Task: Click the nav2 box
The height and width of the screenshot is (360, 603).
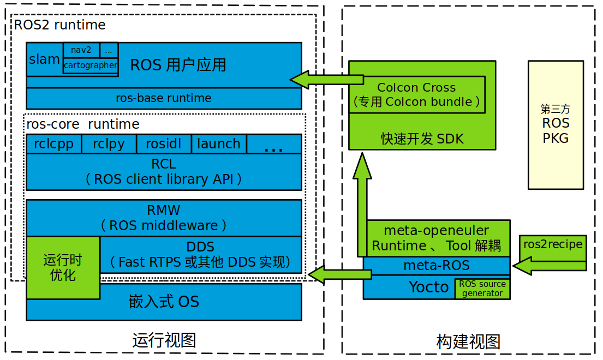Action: pos(81,50)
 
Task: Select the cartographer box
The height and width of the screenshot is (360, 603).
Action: pos(91,65)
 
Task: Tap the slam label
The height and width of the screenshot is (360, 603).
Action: pos(45,59)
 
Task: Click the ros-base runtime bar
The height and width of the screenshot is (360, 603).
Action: pos(164,99)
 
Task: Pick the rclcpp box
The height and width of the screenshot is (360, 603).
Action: pos(53,144)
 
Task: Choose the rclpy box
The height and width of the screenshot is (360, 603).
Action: pos(109,144)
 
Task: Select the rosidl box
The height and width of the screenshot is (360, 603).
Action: pos(164,144)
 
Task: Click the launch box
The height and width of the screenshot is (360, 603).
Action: pos(219,144)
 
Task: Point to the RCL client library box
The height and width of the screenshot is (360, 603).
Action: pos(164,172)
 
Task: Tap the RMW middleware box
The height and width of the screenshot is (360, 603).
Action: pos(164,218)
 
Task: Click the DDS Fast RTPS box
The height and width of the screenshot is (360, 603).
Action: pos(200,255)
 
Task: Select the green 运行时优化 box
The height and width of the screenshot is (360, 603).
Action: pos(63,267)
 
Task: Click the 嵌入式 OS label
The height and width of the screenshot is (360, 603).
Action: pos(164,302)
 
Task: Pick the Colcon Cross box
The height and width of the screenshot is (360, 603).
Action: pos(416,94)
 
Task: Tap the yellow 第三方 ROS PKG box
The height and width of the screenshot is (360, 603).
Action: pos(556,124)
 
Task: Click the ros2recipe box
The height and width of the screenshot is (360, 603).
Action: pos(553,245)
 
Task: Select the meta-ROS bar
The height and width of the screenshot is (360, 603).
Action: pos(437,266)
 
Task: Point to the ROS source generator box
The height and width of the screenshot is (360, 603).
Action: pos(482,289)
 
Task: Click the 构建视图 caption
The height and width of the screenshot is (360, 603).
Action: pos(468,342)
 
